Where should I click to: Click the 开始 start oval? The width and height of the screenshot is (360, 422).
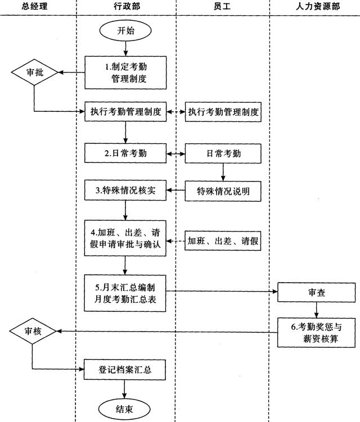pos(126,31)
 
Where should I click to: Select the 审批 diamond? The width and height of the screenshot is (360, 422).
pos(33,72)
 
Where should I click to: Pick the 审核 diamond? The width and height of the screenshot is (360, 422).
pos(33,332)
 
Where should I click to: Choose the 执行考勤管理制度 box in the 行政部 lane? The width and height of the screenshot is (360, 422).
pos(125,111)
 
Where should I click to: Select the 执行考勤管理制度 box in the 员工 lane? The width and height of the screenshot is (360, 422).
pos(224,111)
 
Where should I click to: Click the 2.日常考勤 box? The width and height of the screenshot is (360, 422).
pos(125,152)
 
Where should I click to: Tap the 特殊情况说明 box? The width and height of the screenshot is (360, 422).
pos(224,191)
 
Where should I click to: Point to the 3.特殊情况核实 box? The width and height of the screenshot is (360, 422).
pos(125,191)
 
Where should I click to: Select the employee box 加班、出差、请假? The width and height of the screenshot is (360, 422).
pos(224,241)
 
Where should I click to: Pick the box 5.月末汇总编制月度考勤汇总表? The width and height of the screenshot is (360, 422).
pos(125,292)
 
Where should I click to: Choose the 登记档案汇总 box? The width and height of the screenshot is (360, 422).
pos(125,369)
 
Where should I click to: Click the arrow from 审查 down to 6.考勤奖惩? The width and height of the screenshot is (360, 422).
pos(317,310)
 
